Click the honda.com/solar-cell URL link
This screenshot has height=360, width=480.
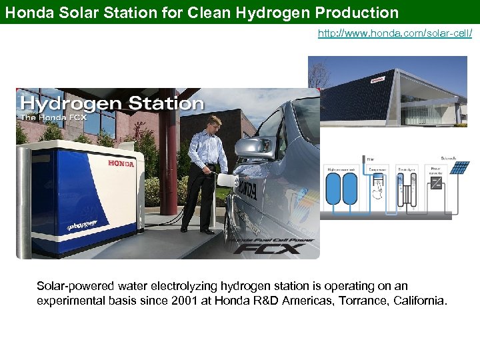pos(395,33)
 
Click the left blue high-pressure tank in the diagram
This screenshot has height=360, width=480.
pos(333,189)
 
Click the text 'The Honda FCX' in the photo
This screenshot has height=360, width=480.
pos(47,118)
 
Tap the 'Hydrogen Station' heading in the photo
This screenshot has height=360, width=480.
pos(111,103)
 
